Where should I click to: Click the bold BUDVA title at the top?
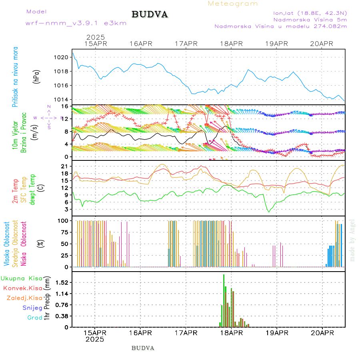point(150,14)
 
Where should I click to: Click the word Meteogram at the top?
point(233,4)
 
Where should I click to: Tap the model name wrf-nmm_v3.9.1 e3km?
point(76,23)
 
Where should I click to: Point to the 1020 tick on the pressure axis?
point(61,57)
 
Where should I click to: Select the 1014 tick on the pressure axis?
point(61,100)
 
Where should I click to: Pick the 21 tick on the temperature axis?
point(65,166)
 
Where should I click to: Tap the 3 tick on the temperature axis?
point(66,209)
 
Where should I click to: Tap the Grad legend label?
point(34,318)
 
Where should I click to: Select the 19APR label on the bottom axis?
point(277,333)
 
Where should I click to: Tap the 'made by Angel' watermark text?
point(352,240)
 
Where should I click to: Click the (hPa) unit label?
point(37,76)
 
